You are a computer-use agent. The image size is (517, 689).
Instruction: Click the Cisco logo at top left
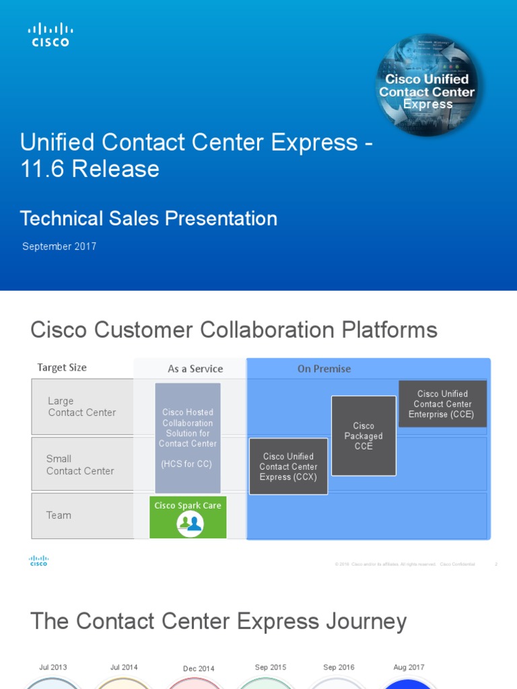tap(50, 34)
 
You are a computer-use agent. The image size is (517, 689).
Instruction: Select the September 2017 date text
tap(59, 246)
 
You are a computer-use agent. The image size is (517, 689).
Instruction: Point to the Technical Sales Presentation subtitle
tap(149, 218)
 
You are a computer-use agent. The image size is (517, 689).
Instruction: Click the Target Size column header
tap(62, 367)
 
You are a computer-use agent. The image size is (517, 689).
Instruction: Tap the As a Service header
tap(195, 369)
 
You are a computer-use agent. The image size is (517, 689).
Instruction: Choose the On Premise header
tap(324, 369)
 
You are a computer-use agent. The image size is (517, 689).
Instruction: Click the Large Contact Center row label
tap(81, 406)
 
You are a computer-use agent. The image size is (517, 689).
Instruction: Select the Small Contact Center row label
tap(79, 465)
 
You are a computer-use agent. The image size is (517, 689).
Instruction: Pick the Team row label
tap(59, 515)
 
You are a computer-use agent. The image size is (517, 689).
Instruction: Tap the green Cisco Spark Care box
tap(188, 516)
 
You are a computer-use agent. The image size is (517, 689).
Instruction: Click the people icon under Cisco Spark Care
tap(190, 523)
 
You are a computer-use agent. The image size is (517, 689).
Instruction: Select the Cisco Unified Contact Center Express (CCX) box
tap(288, 466)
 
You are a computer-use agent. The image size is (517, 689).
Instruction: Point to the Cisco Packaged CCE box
tap(364, 436)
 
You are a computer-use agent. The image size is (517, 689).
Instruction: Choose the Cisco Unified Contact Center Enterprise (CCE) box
tap(442, 404)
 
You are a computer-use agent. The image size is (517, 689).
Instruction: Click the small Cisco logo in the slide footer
tap(38, 561)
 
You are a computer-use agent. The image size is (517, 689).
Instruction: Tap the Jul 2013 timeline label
tap(53, 667)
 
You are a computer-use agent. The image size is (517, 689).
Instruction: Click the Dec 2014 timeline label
tap(199, 668)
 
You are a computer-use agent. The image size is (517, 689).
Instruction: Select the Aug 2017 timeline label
tap(409, 667)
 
